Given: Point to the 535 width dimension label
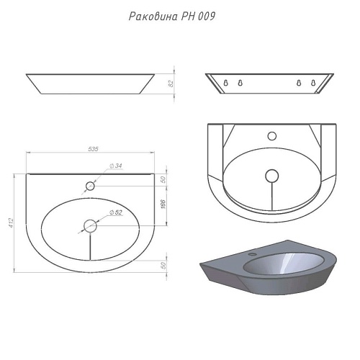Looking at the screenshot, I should tap(92, 148).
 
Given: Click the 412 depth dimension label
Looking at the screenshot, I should tap(12, 223).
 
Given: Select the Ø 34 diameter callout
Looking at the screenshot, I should tap(116, 166).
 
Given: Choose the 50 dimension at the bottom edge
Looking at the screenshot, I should tap(164, 265).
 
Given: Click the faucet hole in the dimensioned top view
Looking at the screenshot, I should tap(90, 186).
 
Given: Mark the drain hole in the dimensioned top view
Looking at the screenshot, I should tap(90, 225).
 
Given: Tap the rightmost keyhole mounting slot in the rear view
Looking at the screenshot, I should tap(313, 84).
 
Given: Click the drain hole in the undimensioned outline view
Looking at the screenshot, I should tap(271, 175).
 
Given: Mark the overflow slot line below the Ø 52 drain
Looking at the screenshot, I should tap(90, 248).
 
